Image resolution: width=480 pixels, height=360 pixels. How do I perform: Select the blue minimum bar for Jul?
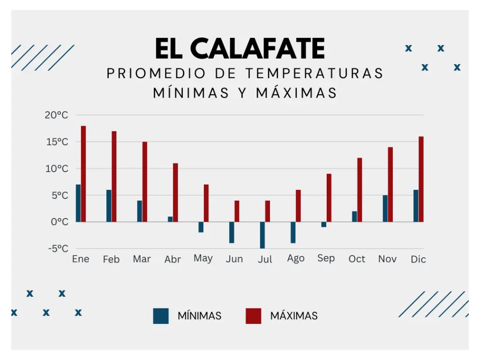(x=262, y=235)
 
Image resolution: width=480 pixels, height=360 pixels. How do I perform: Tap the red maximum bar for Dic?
(x=421, y=179)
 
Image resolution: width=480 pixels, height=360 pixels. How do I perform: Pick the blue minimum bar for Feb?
(x=109, y=206)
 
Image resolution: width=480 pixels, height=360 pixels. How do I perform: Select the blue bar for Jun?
(x=232, y=232)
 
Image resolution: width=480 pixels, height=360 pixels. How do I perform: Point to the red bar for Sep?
(x=329, y=197)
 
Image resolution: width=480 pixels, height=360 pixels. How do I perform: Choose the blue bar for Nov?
(x=385, y=208)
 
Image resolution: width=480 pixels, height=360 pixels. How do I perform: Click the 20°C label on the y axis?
(x=57, y=115)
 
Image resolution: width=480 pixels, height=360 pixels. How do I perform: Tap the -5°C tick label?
(x=58, y=248)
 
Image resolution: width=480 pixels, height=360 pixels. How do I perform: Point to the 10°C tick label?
(x=57, y=169)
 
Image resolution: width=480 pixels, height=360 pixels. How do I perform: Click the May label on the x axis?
(x=203, y=259)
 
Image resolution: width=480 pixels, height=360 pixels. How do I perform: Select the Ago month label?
(x=295, y=259)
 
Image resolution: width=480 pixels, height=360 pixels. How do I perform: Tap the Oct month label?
(x=357, y=259)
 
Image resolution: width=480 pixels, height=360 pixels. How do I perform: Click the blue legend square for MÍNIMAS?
(x=161, y=315)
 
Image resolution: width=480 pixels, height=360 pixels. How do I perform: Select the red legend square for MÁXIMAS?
(x=254, y=315)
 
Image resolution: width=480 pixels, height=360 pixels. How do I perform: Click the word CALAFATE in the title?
(x=257, y=48)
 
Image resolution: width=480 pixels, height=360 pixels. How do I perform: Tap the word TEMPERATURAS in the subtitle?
(x=314, y=74)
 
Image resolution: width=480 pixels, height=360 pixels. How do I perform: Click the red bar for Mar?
(x=145, y=181)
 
